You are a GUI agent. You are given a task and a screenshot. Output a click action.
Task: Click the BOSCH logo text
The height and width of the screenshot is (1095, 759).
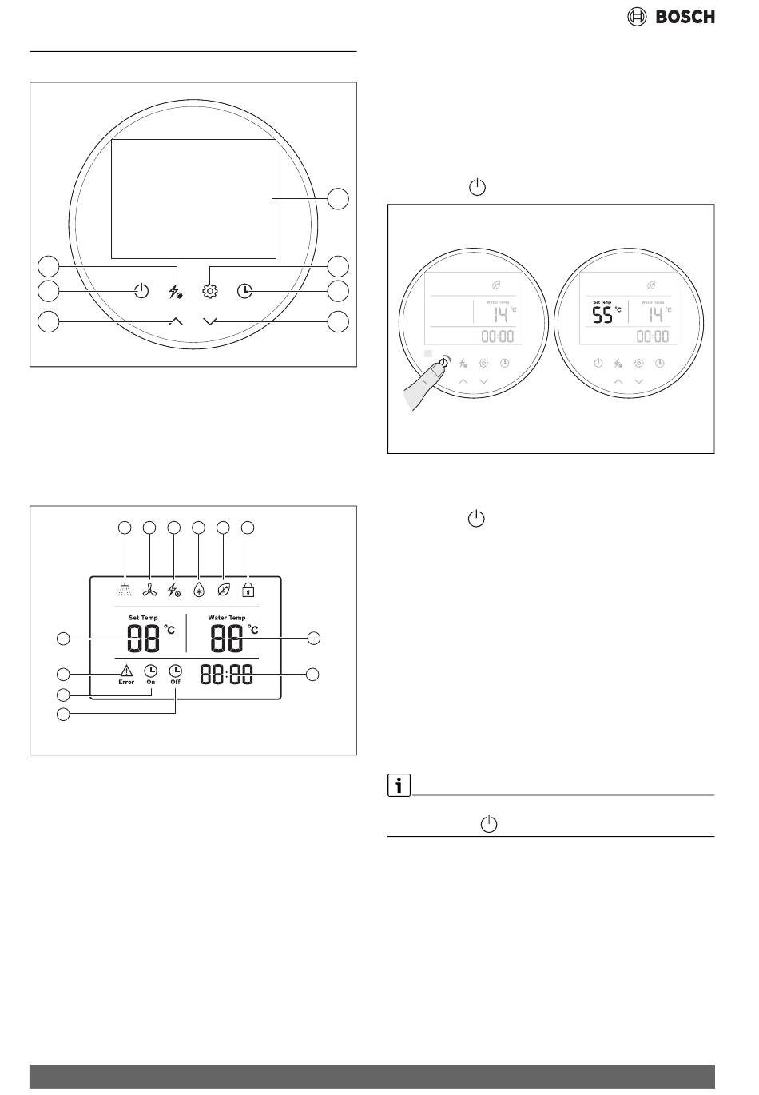point(685,16)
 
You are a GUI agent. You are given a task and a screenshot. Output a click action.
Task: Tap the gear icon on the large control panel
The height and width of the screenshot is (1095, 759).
point(210,291)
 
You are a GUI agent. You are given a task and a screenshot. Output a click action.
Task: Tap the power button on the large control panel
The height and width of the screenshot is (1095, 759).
point(141,291)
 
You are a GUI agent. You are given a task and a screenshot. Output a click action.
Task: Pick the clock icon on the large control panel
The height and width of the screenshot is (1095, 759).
point(244,291)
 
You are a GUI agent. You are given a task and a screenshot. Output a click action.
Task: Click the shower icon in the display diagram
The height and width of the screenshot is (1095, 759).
point(125,590)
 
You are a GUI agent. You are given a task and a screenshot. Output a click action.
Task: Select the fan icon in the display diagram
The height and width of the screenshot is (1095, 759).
point(149,590)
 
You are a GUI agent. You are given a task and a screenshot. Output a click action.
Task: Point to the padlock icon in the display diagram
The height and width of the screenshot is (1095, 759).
point(248,590)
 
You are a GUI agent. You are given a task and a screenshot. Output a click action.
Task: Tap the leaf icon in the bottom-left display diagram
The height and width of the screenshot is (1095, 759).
point(224,590)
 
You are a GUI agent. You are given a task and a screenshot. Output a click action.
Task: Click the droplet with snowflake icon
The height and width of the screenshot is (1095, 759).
point(199,590)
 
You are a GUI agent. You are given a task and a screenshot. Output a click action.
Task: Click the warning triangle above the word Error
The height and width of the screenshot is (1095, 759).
point(126,671)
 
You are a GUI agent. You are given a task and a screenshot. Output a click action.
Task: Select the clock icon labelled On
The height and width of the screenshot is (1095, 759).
point(150,671)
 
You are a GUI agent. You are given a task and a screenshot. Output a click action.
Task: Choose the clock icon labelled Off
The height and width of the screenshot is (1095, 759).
point(175,671)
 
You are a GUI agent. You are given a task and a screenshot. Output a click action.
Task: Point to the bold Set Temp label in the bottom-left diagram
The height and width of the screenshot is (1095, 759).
point(143,618)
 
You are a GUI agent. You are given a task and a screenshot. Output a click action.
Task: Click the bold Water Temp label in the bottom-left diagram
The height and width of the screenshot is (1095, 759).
point(227,618)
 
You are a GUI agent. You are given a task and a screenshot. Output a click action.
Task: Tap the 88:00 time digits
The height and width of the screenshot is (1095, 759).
point(226,675)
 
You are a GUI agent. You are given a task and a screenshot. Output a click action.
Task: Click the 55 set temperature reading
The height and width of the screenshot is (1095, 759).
point(602,315)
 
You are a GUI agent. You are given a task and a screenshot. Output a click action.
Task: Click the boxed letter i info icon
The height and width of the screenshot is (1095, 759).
point(399,786)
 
